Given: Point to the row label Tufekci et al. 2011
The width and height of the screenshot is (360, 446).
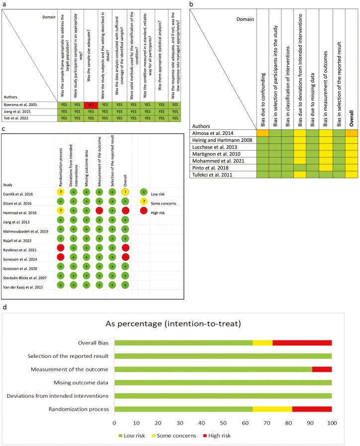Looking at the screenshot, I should pos(217,175).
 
